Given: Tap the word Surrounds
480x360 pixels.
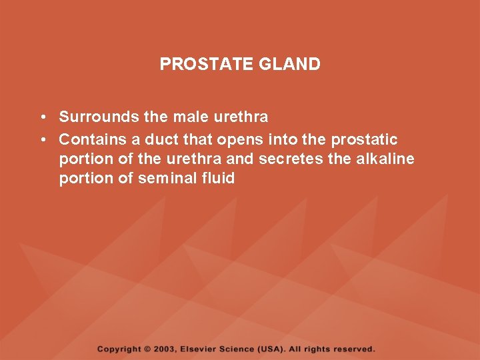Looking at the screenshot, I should pyautogui.click(x=99, y=117).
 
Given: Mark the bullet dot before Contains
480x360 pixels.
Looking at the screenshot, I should pyautogui.click(x=42, y=140).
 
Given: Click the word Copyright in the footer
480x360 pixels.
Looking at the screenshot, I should pyautogui.click(x=119, y=349).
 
